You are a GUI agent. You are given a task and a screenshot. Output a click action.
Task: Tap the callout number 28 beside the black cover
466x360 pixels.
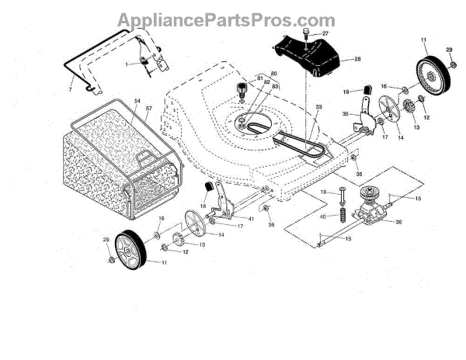click(356, 60)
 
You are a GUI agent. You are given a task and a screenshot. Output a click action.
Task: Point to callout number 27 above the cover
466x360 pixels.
click(325, 33)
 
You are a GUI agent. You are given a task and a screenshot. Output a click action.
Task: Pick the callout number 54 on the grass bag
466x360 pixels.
click(137, 102)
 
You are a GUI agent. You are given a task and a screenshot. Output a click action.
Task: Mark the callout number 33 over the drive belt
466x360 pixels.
click(318, 106)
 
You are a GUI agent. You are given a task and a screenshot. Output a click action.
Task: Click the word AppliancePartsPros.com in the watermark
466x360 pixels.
click(232, 19)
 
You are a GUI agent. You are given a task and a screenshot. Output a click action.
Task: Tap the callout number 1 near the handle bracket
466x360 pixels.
click(128, 64)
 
